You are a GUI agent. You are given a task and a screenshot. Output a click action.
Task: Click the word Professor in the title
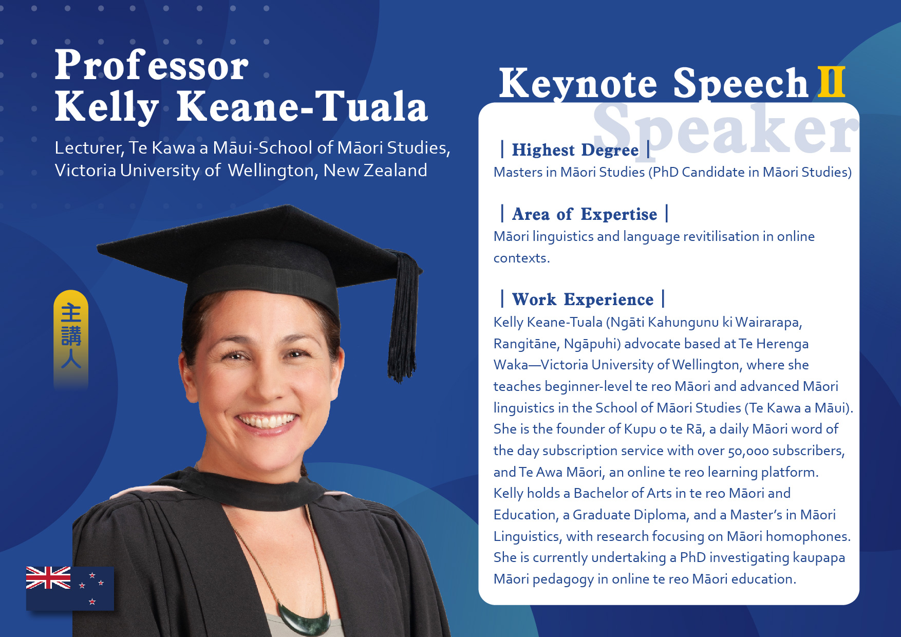pyautogui.click(x=152, y=66)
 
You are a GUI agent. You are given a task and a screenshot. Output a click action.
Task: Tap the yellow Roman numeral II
pyautogui.click(x=831, y=82)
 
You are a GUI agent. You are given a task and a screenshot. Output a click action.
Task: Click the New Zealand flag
pyautogui.click(x=70, y=589)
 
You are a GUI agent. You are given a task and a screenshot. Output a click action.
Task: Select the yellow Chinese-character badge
pyautogui.click(x=71, y=339)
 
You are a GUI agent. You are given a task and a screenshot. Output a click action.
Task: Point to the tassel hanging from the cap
pyautogui.click(x=404, y=316)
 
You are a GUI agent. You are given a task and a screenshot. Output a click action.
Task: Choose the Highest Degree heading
pyautogui.click(x=575, y=150)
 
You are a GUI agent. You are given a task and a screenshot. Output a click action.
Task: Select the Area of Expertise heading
pyautogui.click(x=585, y=214)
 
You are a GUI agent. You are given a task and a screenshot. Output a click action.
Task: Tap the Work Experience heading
pyautogui.click(x=583, y=299)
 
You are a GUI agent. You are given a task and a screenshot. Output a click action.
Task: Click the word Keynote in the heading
pyautogui.click(x=578, y=83)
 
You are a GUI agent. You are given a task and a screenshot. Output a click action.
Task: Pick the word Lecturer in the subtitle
pyautogui.click(x=89, y=148)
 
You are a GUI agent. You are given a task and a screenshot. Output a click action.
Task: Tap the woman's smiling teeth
pyautogui.click(x=267, y=421)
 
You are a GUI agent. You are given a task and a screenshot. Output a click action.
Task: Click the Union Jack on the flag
pyautogui.click(x=48, y=578)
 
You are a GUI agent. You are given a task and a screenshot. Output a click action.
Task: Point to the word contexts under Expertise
pyautogui.click(x=521, y=258)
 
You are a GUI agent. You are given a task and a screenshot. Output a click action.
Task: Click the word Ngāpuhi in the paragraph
pyautogui.click(x=591, y=344)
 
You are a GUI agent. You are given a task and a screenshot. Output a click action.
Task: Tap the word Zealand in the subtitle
pyautogui.click(x=396, y=171)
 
